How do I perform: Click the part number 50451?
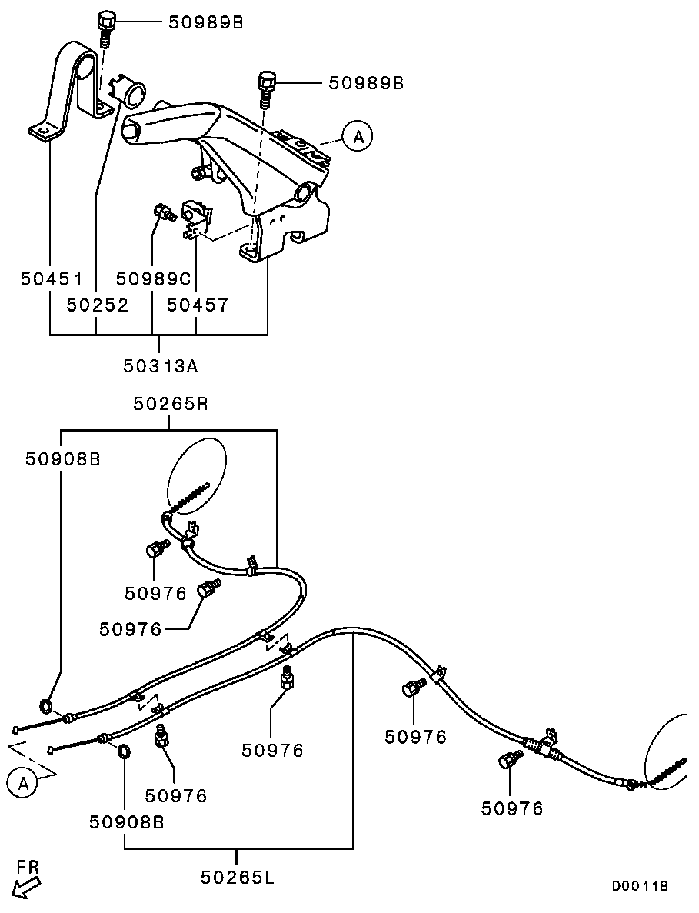52,279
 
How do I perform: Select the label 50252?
97,305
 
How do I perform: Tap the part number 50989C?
153,279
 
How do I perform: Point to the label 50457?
198,305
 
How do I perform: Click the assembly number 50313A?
161,365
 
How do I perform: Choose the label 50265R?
171,404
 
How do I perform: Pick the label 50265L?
238,877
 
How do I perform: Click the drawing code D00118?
640,886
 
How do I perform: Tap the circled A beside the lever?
358,137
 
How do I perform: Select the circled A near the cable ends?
23,783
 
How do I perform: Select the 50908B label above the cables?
62,459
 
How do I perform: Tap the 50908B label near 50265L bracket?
126,821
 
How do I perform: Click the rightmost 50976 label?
512,808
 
